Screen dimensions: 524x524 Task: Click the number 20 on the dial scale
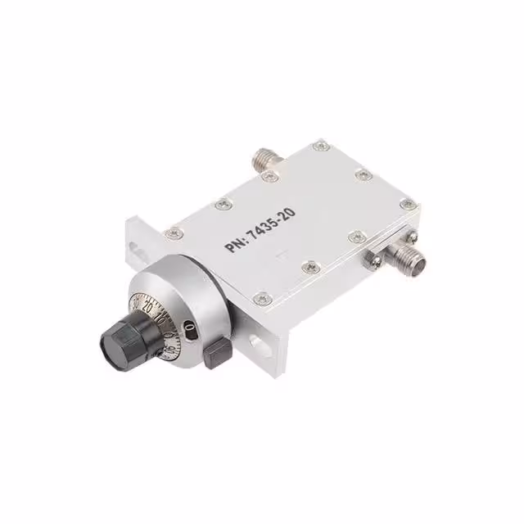[x=147, y=306]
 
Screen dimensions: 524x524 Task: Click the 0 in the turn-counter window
[x=188, y=327]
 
